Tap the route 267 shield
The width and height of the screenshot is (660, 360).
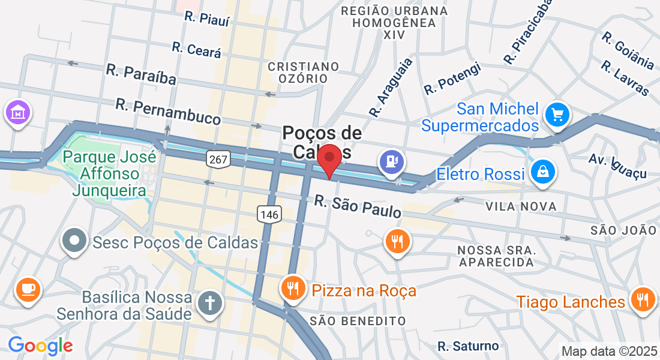tap(217, 159)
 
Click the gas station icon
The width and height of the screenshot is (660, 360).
tap(392, 161)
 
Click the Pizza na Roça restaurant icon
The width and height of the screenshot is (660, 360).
tap(293, 289)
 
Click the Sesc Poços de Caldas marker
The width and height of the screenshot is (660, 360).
tap(75, 241)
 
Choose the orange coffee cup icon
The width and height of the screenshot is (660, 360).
tap(27, 289)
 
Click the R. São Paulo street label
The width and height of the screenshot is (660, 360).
tap(358, 206)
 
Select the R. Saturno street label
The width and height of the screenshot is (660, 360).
tap(468, 346)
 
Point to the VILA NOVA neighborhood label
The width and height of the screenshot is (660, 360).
tap(521, 206)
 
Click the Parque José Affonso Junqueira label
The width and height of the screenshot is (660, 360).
tap(109, 175)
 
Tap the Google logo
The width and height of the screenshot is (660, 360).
tap(40, 346)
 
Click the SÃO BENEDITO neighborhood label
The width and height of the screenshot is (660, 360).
tap(358, 321)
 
